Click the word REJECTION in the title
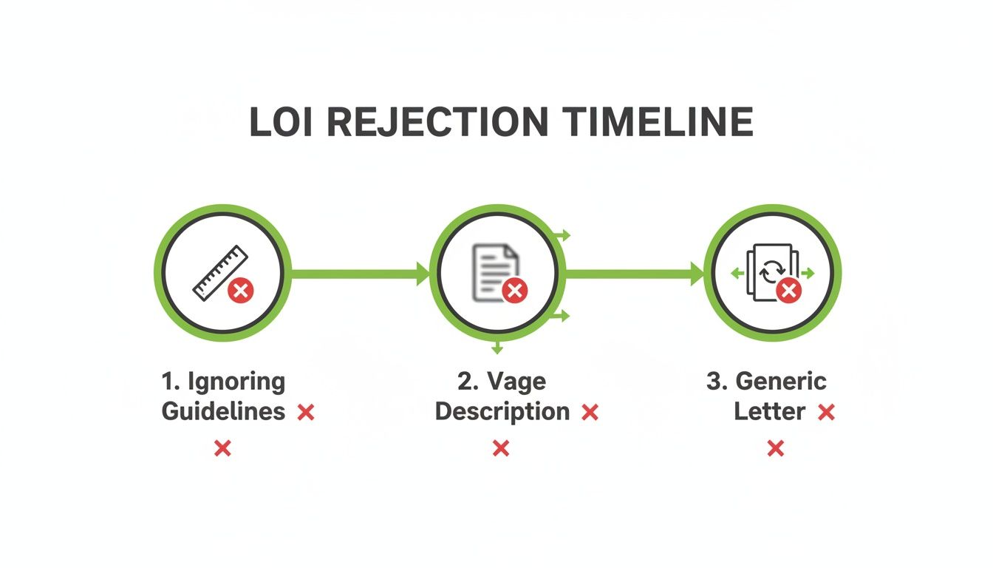coord(438,123)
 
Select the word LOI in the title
coord(282,123)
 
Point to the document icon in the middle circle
coord(493,271)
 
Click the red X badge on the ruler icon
coord(240,291)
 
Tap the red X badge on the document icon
coord(514,291)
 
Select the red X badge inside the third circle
coord(789,291)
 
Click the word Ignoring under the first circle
coord(235,382)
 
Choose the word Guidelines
coord(223,411)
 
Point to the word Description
coord(502,411)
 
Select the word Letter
coord(769,411)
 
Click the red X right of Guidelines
coord(306,413)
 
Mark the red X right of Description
coord(590,413)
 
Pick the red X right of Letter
coord(826,413)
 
